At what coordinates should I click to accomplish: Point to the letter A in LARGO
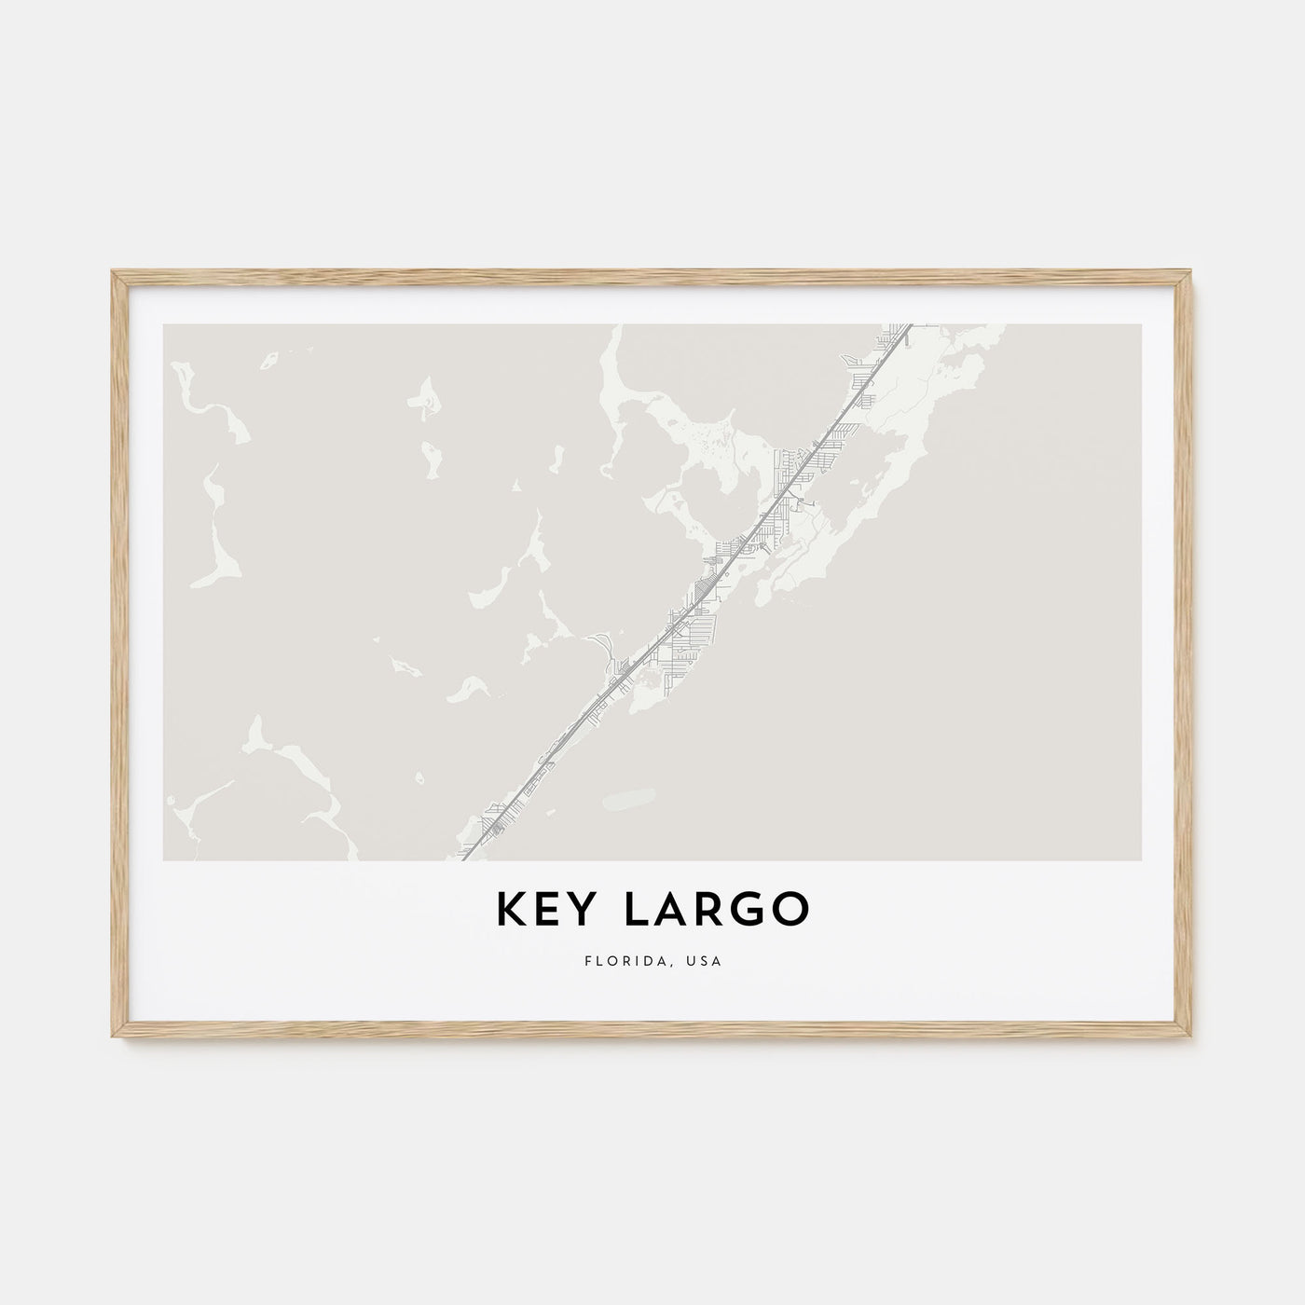[669, 911]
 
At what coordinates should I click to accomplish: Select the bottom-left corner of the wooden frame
[112, 1042]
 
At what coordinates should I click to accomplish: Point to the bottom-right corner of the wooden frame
[1194, 1042]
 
